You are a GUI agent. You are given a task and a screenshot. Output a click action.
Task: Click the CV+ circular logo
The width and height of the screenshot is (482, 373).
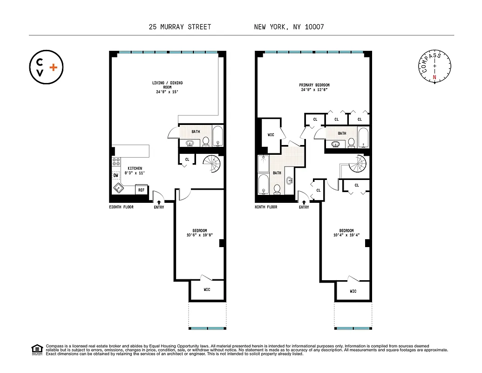click(x=46, y=68)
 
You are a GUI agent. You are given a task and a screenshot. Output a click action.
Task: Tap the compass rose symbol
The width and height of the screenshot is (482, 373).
click(x=434, y=68)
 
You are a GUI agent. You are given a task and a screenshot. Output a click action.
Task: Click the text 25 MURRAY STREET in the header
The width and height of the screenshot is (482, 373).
click(x=180, y=27)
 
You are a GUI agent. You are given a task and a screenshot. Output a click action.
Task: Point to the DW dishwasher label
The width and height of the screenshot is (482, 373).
click(x=115, y=176)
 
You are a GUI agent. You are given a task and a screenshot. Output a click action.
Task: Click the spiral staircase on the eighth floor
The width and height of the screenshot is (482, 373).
click(x=212, y=164)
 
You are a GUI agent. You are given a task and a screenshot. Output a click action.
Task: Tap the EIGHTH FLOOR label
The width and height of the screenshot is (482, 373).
click(x=121, y=207)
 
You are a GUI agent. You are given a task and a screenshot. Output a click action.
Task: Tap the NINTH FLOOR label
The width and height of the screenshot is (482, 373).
click(x=266, y=207)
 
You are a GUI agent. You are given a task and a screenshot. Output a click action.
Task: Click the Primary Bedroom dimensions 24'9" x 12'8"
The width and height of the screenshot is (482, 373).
click(x=314, y=90)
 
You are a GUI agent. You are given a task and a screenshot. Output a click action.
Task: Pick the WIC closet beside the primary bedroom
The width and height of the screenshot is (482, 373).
click(x=271, y=135)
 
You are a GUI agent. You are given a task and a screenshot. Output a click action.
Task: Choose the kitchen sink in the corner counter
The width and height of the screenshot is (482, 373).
click(x=118, y=188)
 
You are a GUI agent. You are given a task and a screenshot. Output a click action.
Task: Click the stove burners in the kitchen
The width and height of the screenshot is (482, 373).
click(x=115, y=163)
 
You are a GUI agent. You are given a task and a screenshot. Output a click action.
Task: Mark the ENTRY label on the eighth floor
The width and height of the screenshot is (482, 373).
click(x=159, y=207)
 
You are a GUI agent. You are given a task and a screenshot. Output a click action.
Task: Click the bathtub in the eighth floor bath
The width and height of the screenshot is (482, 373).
click(x=217, y=136)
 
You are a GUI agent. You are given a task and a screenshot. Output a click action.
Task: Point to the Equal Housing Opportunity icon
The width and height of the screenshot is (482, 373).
click(x=36, y=350)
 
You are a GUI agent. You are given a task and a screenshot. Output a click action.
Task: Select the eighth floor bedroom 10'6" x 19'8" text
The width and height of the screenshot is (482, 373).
click(x=199, y=235)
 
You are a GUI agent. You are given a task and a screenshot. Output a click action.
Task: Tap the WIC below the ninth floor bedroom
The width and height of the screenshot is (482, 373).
click(x=353, y=291)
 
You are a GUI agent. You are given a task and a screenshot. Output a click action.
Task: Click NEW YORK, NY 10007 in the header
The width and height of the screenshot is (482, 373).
click(x=289, y=27)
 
